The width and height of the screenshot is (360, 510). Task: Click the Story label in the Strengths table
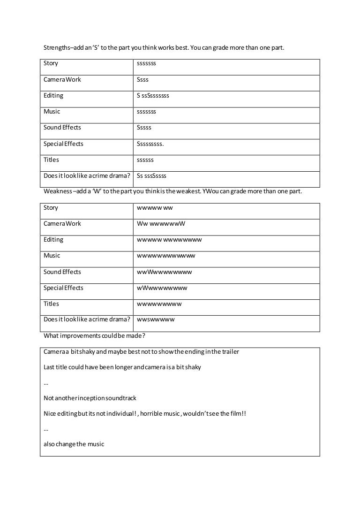click(51, 63)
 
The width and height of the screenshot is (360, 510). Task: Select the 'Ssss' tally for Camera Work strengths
click(142, 80)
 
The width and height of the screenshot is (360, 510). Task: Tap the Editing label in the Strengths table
click(53, 96)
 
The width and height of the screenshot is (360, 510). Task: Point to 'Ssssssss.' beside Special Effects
click(150, 144)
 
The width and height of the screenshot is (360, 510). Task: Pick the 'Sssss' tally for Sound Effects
click(144, 128)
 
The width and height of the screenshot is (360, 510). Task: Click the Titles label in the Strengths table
click(52, 160)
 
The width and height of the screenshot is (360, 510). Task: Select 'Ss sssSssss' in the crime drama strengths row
click(151, 176)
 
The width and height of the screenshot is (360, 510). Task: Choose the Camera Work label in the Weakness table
click(62, 224)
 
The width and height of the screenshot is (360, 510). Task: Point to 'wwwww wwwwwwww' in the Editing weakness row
click(169, 240)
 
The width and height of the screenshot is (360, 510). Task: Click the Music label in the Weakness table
click(52, 256)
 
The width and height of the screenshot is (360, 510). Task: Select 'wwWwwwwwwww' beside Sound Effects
click(165, 272)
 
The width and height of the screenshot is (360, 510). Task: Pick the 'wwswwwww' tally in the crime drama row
click(156, 320)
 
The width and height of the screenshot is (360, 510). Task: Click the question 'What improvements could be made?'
click(94, 336)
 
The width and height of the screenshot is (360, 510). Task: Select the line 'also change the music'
click(74, 444)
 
